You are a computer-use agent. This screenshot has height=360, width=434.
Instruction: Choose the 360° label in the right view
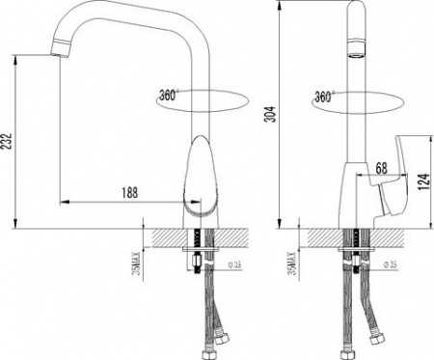tap(324, 96)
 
